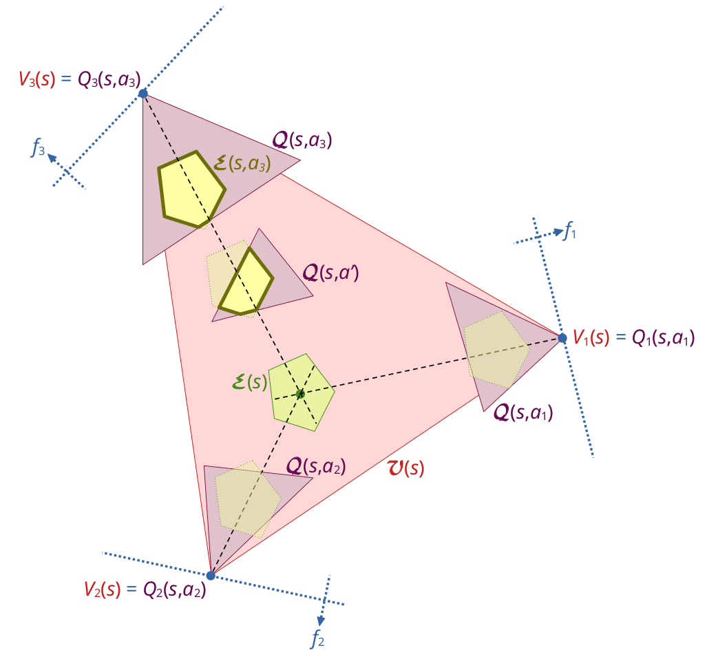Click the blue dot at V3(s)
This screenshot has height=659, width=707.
coord(143,93)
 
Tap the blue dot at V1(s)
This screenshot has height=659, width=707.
coord(562,338)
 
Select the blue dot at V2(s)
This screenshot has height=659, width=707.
coord(211,576)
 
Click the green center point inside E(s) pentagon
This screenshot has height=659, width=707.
coord(300,394)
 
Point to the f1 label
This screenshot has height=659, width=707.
coord(569,232)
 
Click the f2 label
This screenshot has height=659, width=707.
coord(317,639)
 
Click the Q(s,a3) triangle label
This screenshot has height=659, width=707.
coord(302,141)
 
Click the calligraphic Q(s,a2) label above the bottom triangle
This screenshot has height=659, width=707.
coord(315,467)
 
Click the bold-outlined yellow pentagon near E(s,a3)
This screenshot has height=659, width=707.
coord(191,188)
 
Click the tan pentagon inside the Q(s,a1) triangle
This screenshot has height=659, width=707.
coord(496,348)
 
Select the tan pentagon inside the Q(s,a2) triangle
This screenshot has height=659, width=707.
coord(246,497)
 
